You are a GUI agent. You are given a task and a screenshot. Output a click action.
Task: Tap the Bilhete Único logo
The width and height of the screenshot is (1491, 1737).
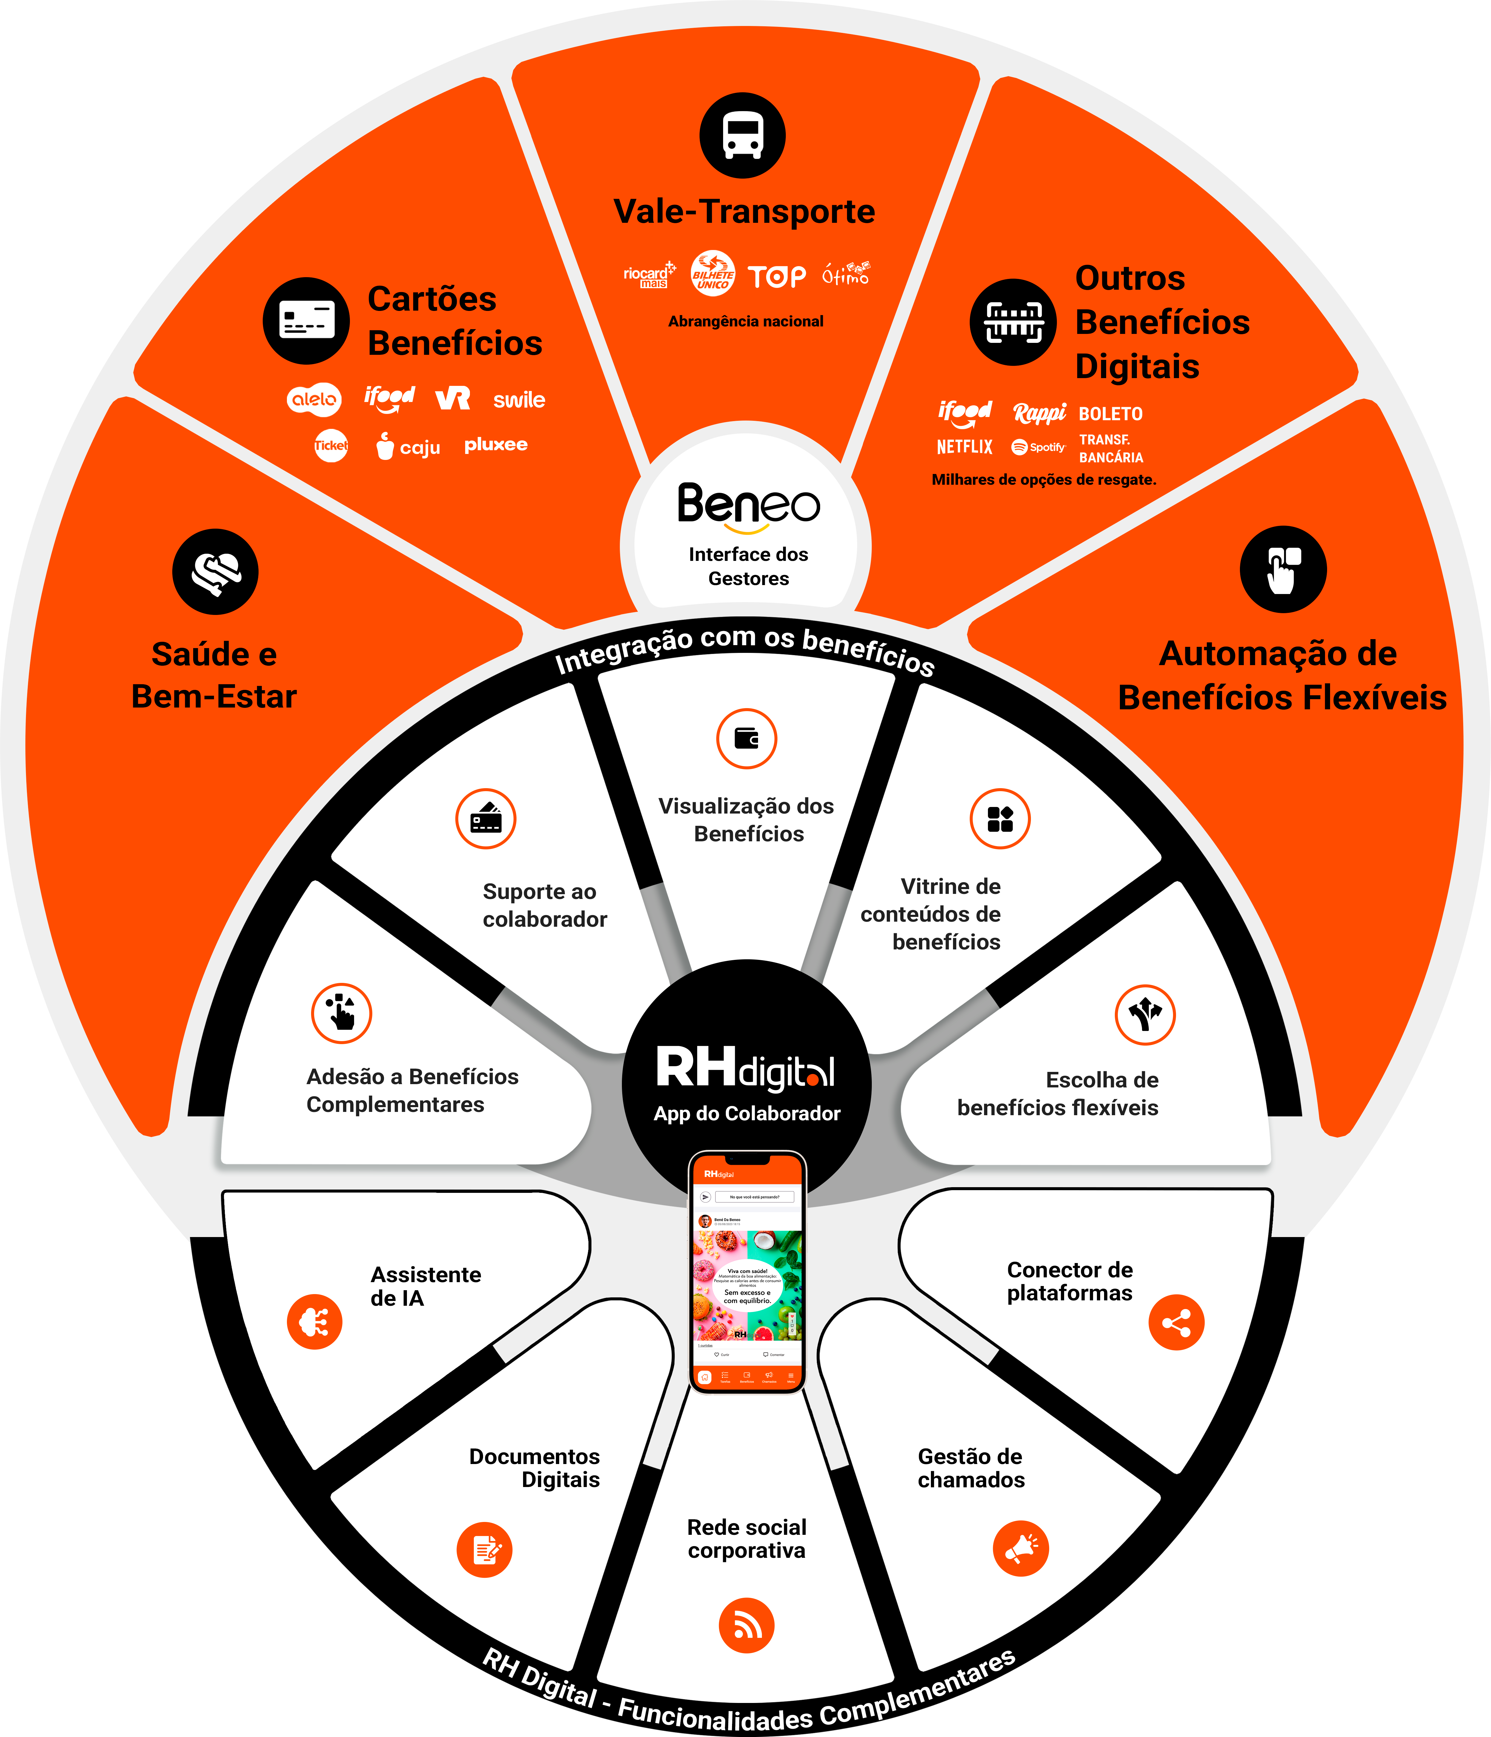(x=712, y=273)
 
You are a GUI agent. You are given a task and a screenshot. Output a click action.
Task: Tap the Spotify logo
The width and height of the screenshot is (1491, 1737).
(x=1038, y=447)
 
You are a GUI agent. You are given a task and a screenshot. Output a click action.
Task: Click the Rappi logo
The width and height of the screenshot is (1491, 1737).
(x=1039, y=412)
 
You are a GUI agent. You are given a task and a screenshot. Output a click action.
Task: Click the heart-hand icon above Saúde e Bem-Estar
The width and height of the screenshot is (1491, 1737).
(x=215, y=572)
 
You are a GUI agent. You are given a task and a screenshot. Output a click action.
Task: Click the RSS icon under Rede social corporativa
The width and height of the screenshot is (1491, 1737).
(x=746, y=1626)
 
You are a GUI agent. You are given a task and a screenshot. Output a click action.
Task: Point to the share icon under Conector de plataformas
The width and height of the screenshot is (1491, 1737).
(x=1176, y=1323)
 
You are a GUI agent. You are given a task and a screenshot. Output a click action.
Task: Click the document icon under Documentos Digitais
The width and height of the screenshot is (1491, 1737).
(x=485, y=1549)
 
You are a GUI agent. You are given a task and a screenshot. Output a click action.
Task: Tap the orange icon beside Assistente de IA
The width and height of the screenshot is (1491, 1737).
(x=314, y=1322)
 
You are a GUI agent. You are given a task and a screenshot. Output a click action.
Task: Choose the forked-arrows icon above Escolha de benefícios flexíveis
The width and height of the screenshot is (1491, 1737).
(x=1145, y=1014)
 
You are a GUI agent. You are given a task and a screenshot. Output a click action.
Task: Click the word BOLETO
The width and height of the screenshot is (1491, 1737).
(x=1111, y=414)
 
